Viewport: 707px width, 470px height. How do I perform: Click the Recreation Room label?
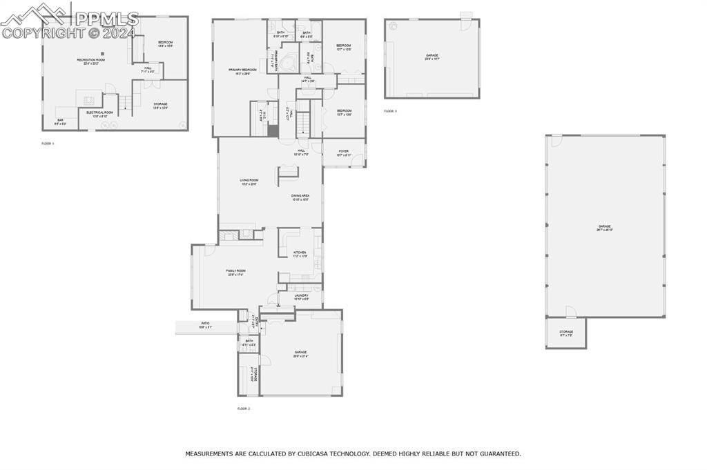[90, 60]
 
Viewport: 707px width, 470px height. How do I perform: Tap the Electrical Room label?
[99, 112]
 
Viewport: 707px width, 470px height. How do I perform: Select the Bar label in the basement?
[60, 121]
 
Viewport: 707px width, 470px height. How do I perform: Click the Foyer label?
[344, 151]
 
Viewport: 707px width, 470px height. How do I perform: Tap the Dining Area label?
[300, 196]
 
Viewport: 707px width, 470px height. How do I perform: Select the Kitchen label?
[300, 253]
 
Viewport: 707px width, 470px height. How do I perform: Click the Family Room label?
[235, 271]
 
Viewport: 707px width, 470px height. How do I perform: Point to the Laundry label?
[301, 295]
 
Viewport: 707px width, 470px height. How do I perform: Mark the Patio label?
[205, 323]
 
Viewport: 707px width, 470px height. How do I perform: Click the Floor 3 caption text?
[391, 110]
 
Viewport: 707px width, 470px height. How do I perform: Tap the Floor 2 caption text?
[243, 409]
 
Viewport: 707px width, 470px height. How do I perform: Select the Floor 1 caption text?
[48, 143]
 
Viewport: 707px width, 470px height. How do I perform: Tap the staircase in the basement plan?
[124, 104]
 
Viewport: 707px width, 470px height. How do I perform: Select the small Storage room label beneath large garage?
[566, 332]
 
